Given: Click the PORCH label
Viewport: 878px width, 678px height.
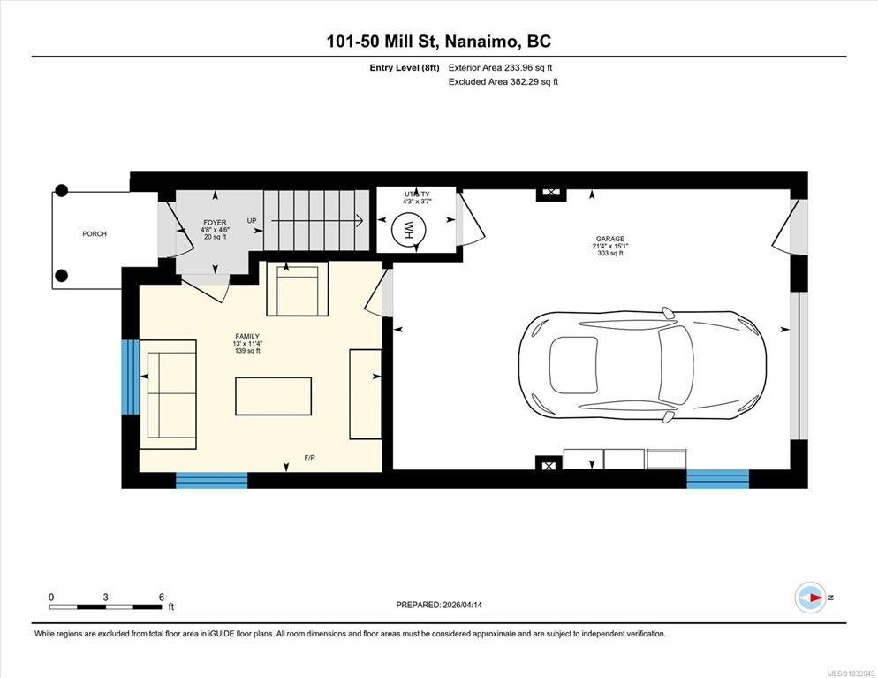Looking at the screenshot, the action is tap(94, 233).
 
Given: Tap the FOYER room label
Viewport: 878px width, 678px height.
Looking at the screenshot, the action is tap(215, 223).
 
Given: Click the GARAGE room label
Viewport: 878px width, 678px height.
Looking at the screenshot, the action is tap(609, 239).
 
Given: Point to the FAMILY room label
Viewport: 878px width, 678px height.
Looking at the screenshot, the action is tap(247, 336).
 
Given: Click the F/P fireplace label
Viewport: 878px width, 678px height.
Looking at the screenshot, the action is tap(310, 458).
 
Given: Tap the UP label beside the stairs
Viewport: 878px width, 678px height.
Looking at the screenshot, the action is tap(252, 221).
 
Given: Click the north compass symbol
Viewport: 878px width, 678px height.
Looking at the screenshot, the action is tap(810, 598).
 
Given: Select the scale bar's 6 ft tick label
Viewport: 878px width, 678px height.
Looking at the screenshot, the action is tap(162, 598).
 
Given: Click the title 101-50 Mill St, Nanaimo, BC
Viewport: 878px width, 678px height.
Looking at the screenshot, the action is tap(438, 41).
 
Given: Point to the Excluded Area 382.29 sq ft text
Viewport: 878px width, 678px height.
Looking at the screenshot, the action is tap(503, 82).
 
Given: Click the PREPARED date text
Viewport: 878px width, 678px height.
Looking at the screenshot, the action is tap(439, 605).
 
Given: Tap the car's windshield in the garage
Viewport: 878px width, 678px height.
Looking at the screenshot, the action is tap(676, 364).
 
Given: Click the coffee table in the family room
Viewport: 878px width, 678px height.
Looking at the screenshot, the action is tap(273, 396).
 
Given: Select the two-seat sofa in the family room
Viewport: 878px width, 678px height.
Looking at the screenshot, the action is tap(168, 394).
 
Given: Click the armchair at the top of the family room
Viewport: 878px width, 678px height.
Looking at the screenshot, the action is tap(298, 288).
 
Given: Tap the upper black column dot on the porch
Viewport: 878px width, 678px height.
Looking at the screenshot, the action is tap(62, 191).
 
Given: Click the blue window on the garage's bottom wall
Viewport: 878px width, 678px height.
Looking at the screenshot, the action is tap(718, 479).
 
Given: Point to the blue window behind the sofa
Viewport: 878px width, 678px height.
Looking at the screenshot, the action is tap(131, 377).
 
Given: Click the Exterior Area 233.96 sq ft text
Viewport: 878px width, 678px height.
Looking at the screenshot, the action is tap(501, 68).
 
